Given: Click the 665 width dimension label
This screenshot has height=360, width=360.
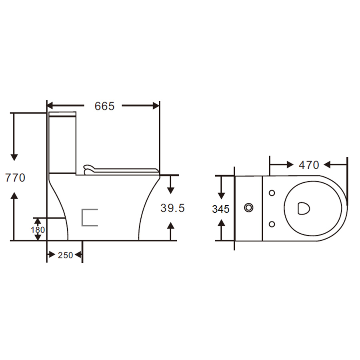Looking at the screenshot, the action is point(104,106).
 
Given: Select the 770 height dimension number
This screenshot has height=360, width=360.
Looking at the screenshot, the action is point(15,178).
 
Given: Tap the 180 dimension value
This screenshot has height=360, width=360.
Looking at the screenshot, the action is point(38,230).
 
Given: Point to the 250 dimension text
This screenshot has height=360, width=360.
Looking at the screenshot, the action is point(66,255).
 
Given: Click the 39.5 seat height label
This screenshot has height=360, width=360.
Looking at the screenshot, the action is point(172,208).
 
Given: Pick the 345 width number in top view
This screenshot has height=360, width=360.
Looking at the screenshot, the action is point(221,209).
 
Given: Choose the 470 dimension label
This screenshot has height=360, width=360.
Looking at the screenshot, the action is point(309,165).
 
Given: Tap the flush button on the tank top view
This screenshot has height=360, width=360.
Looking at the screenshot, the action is point(249,208).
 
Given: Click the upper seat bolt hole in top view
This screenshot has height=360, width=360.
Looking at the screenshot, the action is point(272,193).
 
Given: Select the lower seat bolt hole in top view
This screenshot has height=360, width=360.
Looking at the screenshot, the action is point(272,224).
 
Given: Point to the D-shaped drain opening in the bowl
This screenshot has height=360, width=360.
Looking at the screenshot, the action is point(304,208).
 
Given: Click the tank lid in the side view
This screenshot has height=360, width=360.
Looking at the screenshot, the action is point(62,114).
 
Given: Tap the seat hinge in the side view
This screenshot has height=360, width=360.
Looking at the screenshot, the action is point(88,170).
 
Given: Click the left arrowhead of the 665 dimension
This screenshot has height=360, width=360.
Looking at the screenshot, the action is point(50,106).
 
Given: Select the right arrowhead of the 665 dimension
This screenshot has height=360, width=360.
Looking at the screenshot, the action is point(156,106).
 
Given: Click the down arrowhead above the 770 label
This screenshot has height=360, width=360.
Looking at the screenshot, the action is point(14,158).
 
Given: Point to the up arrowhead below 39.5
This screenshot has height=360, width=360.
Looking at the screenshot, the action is point(170,226).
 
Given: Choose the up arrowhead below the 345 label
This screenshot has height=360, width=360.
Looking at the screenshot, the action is point(221,222).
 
